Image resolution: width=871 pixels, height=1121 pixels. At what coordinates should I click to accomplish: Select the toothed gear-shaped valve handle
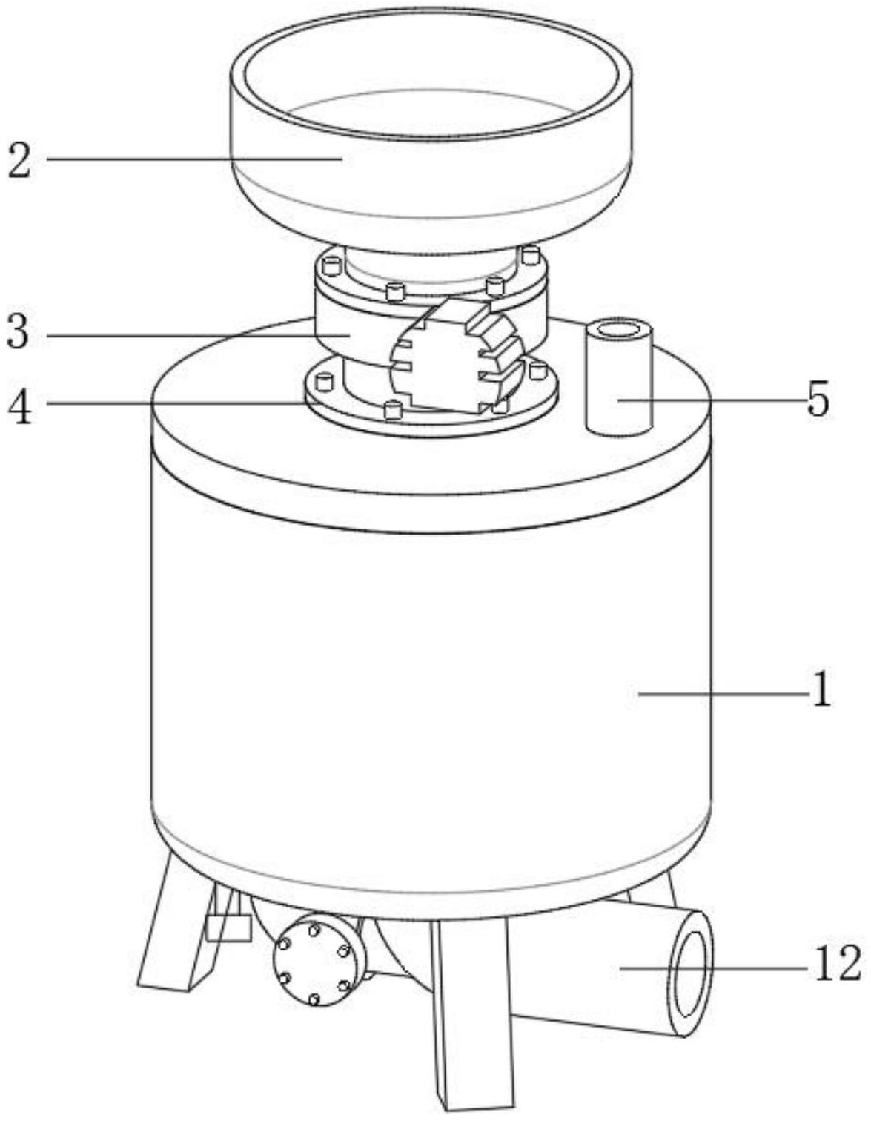(x=453, y=356)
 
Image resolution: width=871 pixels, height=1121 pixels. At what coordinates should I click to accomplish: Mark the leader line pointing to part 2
(x=194, y=159)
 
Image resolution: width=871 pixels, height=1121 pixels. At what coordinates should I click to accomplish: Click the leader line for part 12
(x=712, y=968)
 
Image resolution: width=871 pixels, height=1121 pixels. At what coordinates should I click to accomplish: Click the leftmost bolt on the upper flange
(x=331, y=267)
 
